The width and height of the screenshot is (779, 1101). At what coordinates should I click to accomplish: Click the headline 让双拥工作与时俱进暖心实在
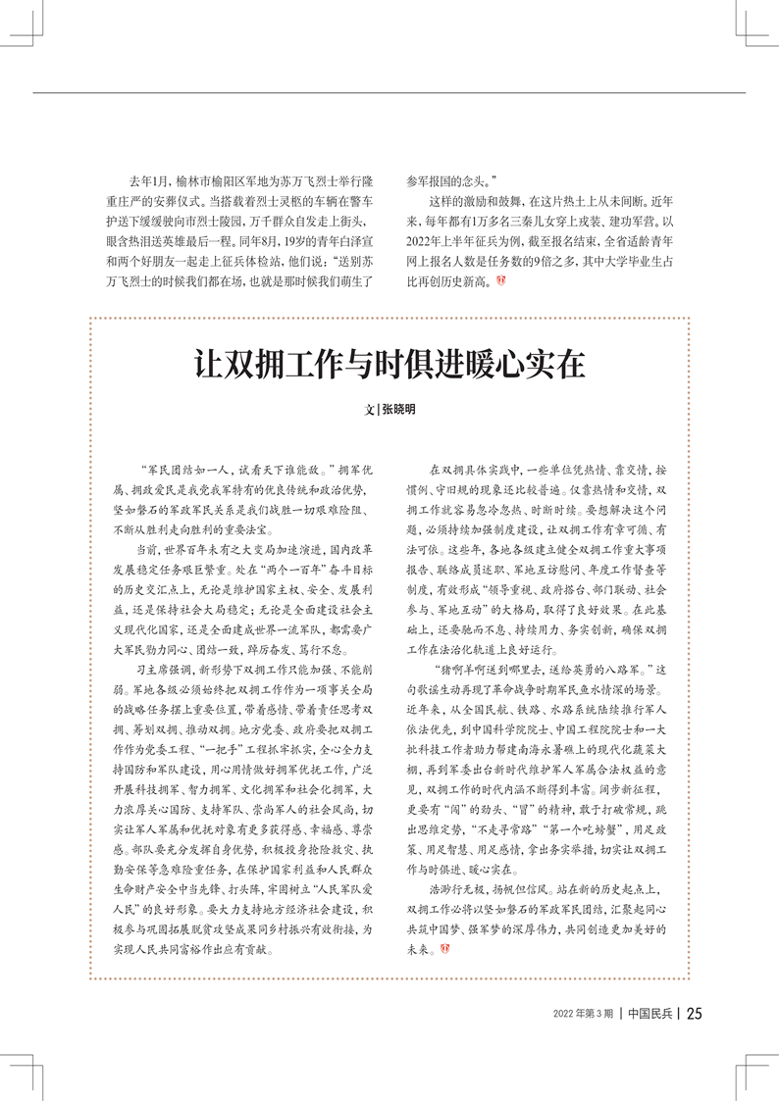click(x=389, y=365)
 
